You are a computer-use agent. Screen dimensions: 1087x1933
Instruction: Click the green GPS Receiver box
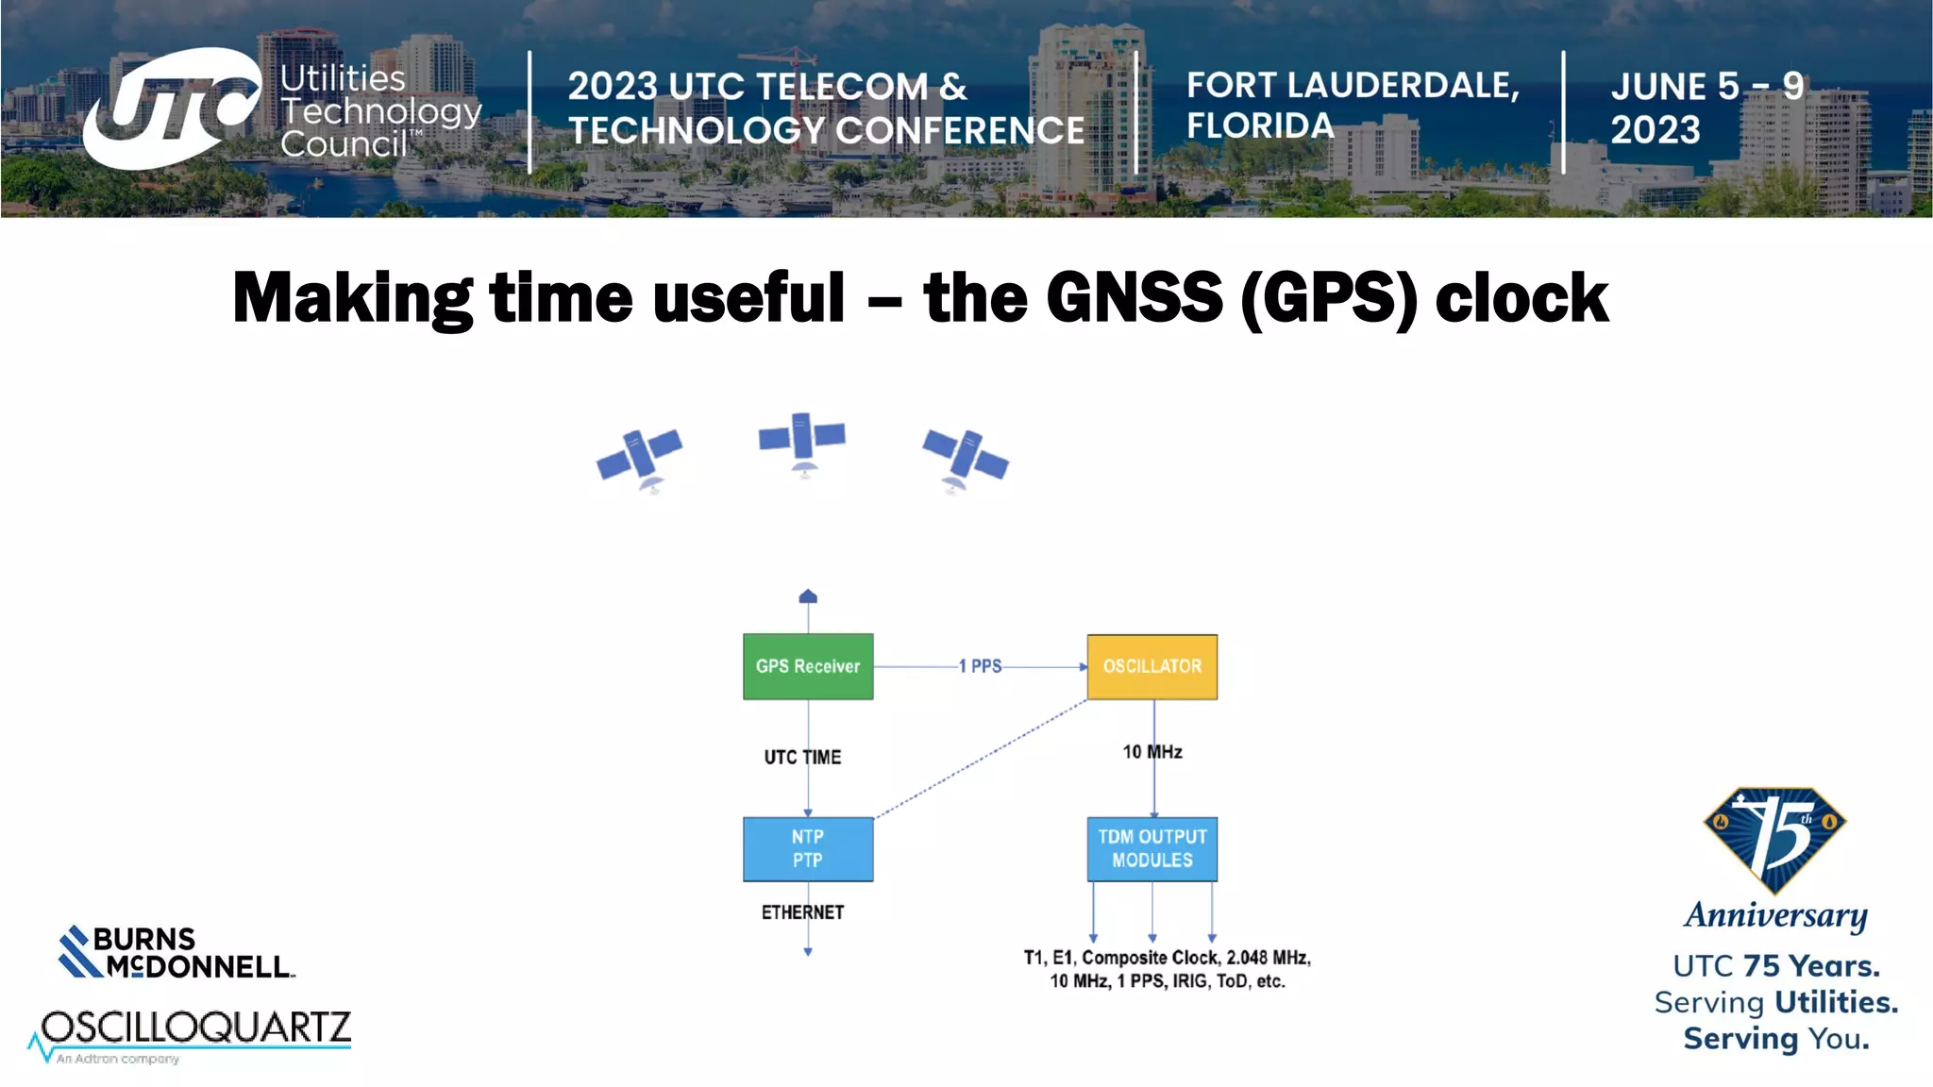pyautogui.click(x=808, y=666)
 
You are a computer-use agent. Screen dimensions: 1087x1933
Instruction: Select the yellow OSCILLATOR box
pyautogui.click(x=1151, y=666)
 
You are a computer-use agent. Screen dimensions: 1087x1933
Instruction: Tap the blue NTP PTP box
pyautogui.click(x=808, y=848)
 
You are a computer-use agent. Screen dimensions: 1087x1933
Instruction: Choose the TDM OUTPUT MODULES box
pyautogui.click(x=1151, y=848)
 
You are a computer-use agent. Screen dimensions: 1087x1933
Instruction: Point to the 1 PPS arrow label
pyautogui.click(x=980, y=666)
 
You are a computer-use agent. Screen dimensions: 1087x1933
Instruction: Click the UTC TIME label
pyautogui.click(x=802, y=757)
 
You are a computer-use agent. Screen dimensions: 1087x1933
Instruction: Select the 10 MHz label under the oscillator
pyautogui.click(x=1151, y=752)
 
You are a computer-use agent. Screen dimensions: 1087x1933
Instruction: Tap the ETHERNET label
pyautogui.click(x=802, y=912)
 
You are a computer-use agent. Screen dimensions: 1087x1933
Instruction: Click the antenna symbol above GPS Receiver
pyautogui.click(x=808, y=596)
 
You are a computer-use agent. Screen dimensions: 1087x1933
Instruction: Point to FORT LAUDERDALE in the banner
pyautogui.click(x=1353, y=86)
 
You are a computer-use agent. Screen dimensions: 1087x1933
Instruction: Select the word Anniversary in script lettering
pyautogui.click(x=1775, y=915)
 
